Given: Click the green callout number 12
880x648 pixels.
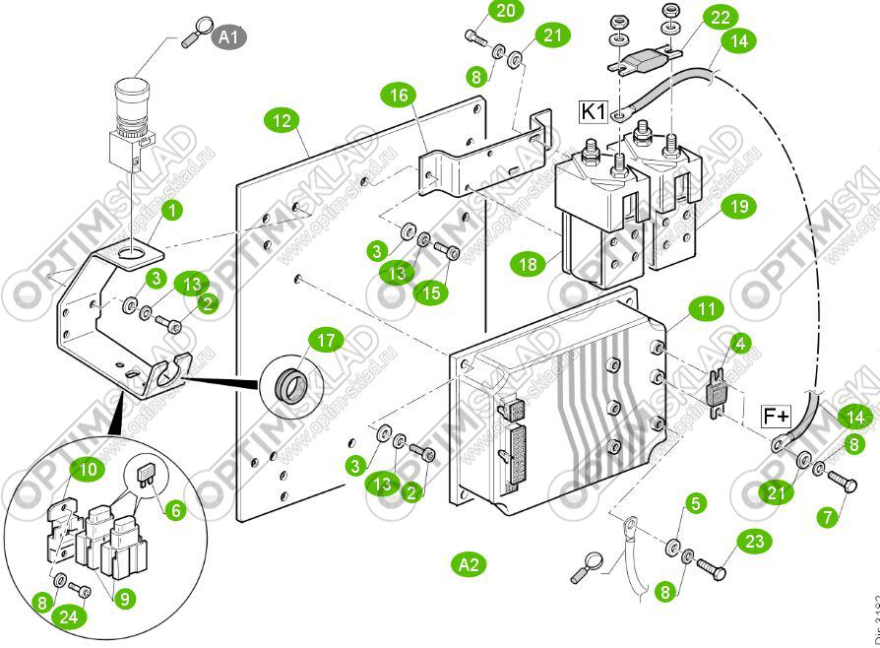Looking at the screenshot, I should click(282, 121).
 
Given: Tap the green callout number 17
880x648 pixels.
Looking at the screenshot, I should click(326, 341).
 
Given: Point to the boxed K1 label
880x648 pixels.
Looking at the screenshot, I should click(594, 111).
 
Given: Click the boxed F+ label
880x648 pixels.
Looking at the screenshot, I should click(777, 417).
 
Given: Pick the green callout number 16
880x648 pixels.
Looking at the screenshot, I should click(398, 95).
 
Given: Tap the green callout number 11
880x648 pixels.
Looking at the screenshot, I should click(703, 310).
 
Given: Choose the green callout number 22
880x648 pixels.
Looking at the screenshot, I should click(722, 18).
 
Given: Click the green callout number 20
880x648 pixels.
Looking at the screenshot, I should click(505, 11).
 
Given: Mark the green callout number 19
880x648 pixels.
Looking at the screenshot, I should click(739, 206).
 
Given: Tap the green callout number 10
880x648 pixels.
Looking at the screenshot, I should click(89, 470).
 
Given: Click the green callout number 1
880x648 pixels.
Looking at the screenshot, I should click(172, 210).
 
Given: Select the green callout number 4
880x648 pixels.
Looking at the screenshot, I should click(740, 345).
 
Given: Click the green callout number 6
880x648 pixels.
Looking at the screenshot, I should click(176, 510).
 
